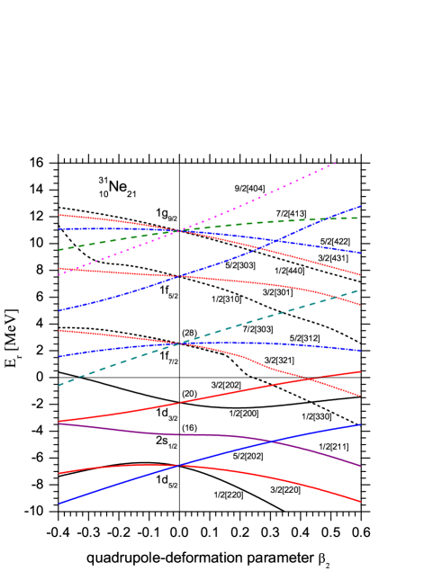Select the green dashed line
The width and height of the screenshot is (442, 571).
coord(270,221)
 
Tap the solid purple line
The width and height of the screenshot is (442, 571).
coord(135,431)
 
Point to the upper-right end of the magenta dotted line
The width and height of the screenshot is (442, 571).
coord(336,163)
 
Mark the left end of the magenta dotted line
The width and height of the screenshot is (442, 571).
coord(59,274)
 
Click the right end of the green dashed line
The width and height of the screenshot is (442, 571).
coord(359,218)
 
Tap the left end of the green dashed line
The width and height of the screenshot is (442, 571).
coord(59,249)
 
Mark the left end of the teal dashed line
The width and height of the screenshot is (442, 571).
coord(59,385)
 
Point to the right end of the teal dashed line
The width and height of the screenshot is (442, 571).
coord(359,290)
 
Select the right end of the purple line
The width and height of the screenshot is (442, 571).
coord(360,466)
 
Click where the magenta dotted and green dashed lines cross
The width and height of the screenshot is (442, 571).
coord(178,230)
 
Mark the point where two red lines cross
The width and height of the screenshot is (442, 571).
coord(311,379)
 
